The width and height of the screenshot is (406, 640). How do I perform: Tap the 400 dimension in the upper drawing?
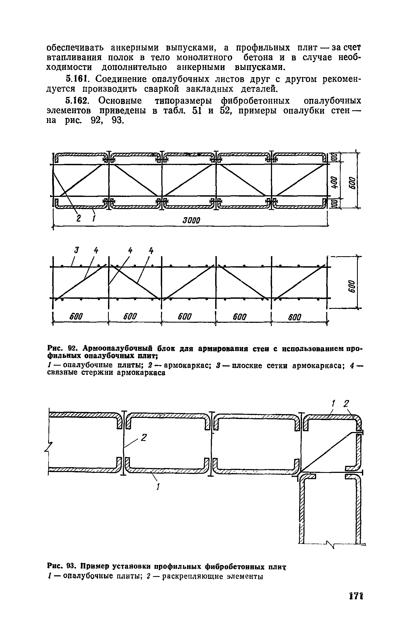click(334, 182)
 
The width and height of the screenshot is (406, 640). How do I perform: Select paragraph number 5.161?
click(77, 79)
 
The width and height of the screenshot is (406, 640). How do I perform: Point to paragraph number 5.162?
click(77, 101)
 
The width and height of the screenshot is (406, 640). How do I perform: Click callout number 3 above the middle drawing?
click(77, 251)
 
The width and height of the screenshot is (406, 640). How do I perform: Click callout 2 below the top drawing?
click(78, 218)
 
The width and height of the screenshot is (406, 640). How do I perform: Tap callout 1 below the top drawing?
click(93, 218)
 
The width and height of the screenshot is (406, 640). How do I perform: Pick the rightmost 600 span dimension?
click(294, 316)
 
